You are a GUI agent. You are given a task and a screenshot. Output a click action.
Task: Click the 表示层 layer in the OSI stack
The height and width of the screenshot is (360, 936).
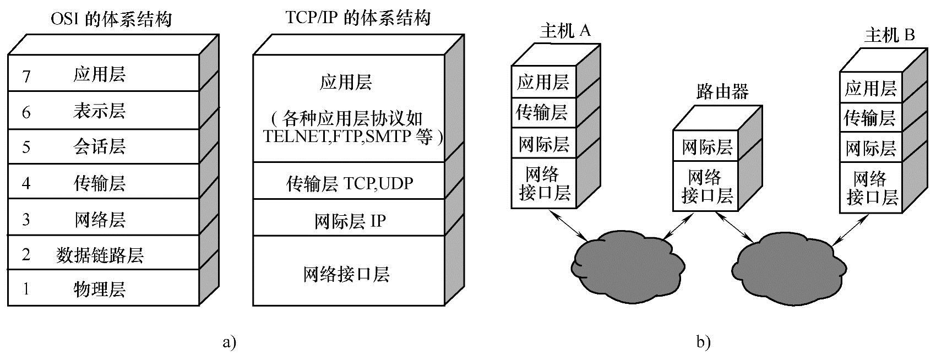[99, 111]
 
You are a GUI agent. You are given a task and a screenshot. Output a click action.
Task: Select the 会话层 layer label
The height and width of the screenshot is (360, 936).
[99, 147]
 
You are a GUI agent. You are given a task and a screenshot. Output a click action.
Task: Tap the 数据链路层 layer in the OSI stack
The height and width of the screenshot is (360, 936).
[100, 255]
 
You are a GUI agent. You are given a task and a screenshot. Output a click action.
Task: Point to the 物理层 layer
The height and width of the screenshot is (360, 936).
[99, 288]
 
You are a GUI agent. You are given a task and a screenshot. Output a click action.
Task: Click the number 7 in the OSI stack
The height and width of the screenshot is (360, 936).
[26, 76]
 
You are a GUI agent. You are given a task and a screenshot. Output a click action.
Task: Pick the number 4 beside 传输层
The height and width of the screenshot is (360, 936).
[26, 183]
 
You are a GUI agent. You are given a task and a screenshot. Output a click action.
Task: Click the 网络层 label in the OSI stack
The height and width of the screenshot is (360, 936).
[99, 220]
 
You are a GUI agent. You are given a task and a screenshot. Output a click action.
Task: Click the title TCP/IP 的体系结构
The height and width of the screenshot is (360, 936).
[358, 18]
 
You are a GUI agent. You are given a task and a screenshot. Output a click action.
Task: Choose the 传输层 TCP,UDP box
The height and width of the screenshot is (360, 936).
[349, 183]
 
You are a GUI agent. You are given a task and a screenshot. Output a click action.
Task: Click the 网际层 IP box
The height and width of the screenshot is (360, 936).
[349, 221]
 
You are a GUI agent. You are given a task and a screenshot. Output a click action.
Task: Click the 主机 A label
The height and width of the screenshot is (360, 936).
[565, 31]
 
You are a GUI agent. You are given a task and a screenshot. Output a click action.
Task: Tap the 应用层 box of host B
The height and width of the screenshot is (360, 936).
[870, 88]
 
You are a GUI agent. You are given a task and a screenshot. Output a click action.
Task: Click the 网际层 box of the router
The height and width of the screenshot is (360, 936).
[708, 147]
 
